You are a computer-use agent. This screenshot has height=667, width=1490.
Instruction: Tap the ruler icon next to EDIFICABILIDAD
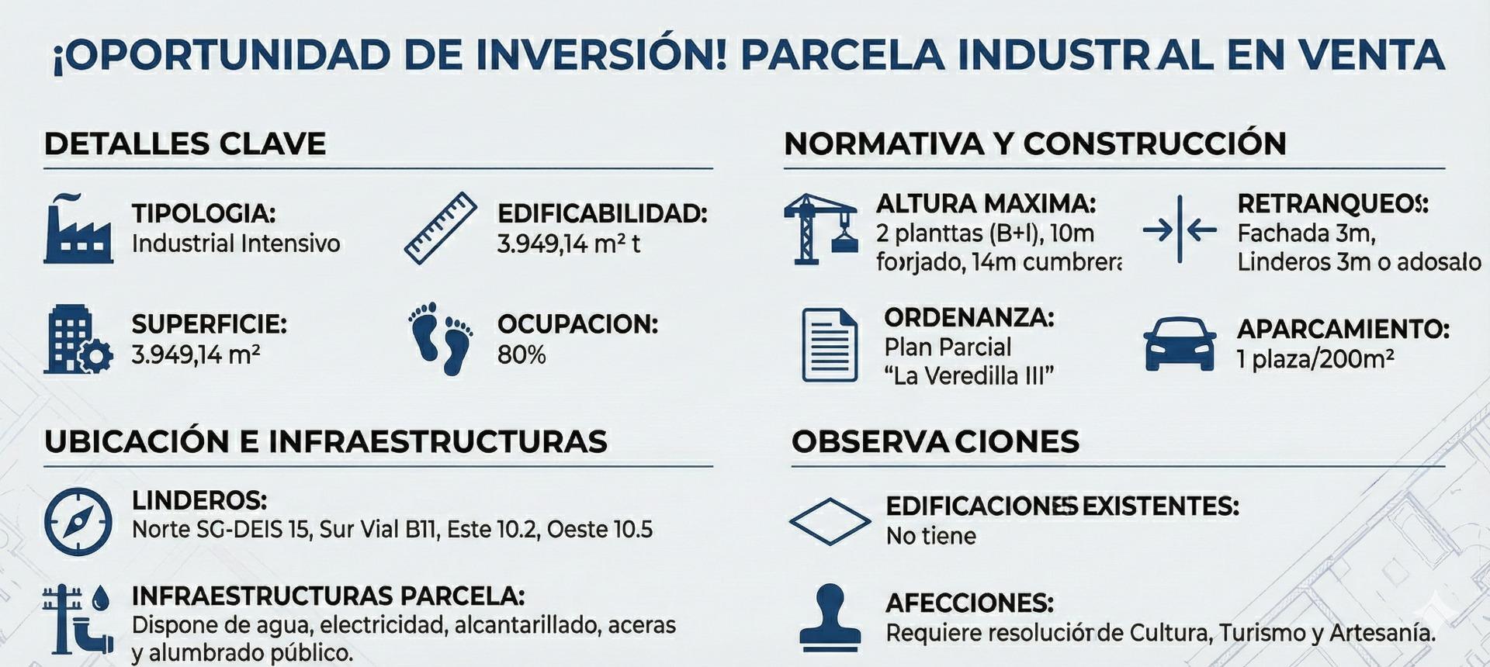[441, 228]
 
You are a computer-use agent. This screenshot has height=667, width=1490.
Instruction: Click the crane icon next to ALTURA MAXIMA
[821, 229]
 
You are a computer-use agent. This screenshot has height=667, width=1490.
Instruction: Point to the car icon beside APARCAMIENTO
[1180, 344]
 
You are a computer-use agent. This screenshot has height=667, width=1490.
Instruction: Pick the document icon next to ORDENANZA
[830, 345]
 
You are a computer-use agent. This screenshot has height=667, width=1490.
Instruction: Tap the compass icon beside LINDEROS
[78, 521]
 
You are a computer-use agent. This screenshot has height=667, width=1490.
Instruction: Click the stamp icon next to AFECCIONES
[830, 617]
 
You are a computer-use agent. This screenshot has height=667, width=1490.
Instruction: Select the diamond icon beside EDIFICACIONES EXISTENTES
[830, 521]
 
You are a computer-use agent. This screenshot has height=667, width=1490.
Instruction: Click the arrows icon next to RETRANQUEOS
[1180, 230]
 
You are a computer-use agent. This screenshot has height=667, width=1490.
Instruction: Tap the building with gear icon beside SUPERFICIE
[78, 340]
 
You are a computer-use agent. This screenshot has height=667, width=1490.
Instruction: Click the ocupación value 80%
[521, 355]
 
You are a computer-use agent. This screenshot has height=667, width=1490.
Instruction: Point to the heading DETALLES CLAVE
[185, 144]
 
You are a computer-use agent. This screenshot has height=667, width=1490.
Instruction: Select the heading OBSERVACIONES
[935, 441]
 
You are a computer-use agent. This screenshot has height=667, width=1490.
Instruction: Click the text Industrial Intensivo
[236, 244]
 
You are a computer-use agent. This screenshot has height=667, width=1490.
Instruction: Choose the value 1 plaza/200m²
[1315, 359]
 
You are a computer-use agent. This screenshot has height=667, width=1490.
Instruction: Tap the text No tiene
[931, 536]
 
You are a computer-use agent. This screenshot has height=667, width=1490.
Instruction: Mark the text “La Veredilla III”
[968, 376]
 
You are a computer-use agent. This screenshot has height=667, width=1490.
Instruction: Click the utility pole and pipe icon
[78, 619]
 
